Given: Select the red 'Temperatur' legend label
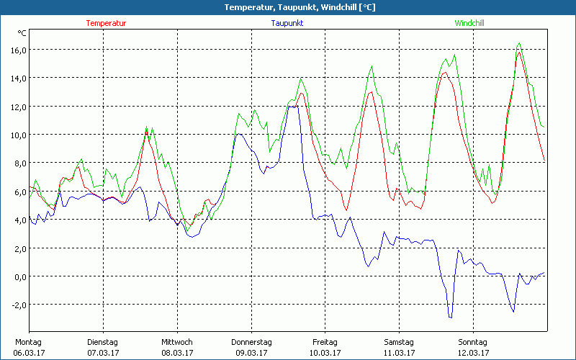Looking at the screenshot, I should tap(106, 23).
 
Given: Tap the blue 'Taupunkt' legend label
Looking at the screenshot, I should tap(287, 23).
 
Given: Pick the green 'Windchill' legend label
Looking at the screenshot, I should tap(469, 23).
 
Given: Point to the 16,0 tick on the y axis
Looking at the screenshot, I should tap(17, 50).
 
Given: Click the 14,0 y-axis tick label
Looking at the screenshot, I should tap(17, 78).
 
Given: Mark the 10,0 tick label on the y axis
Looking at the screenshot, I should tap(17, 135).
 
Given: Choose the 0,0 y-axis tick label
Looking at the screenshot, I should tap(19, 276).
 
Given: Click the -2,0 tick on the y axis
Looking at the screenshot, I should tap(17, 305).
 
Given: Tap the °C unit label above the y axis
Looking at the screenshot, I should tap(22, 33).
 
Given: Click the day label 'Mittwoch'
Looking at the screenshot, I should tap(176, 342).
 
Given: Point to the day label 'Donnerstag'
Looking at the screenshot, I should tap(251, 342).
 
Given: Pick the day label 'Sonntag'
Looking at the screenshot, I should tap(473, 342).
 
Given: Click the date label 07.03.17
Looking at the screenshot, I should tap(102, 353).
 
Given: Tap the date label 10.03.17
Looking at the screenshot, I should tap(325, 353).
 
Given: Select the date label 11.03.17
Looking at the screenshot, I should tap(399, 353).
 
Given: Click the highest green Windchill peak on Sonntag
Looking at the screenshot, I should tap(520, 43).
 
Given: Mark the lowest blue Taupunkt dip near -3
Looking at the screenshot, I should tap(450, 318).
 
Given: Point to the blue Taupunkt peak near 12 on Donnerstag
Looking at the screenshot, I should tap(294, 106).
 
